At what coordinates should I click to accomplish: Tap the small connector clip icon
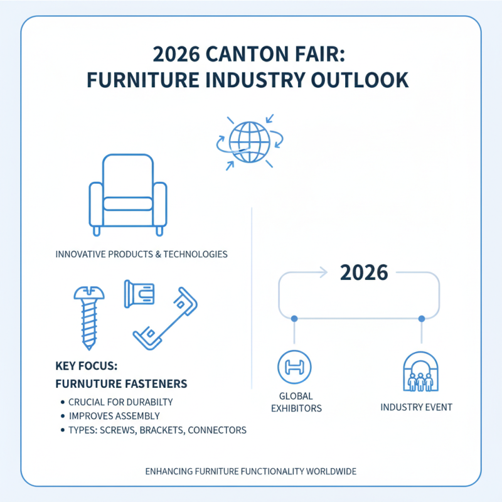click(x=140, y=293)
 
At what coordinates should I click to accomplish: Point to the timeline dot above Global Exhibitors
click(x=294, y=319)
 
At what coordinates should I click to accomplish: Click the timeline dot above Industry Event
click(x=421, y=319)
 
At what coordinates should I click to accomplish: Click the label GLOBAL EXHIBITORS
click(x=295, y=402)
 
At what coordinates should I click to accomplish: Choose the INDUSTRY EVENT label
click(x=417, y=407)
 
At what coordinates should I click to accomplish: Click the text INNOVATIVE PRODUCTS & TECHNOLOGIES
click(x=141, y=255)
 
